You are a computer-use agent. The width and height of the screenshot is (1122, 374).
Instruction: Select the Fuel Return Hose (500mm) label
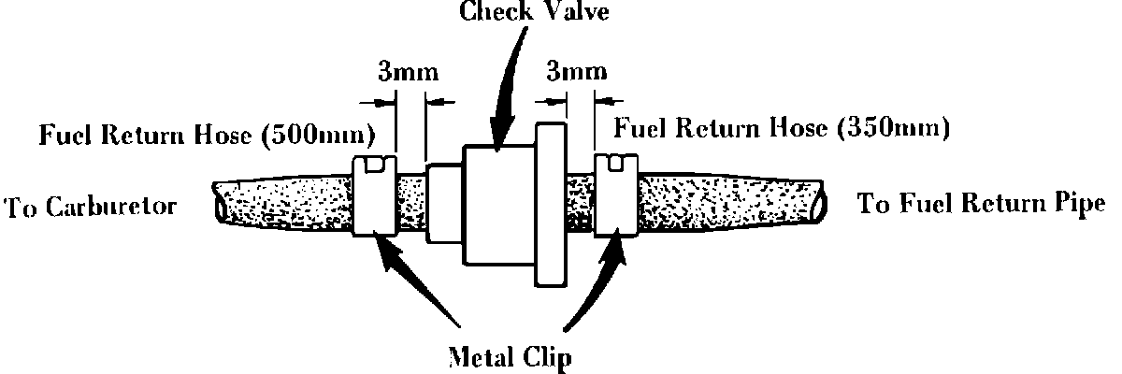click(x=207, y=137)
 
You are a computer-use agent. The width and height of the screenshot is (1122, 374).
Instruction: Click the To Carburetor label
click(x=92, y=207)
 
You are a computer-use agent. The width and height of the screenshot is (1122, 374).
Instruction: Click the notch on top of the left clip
click(x=376, y=165)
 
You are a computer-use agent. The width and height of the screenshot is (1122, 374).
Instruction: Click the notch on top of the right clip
click(x=616, y=165)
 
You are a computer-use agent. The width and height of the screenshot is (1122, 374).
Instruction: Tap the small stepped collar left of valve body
click(x=444, y=203)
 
